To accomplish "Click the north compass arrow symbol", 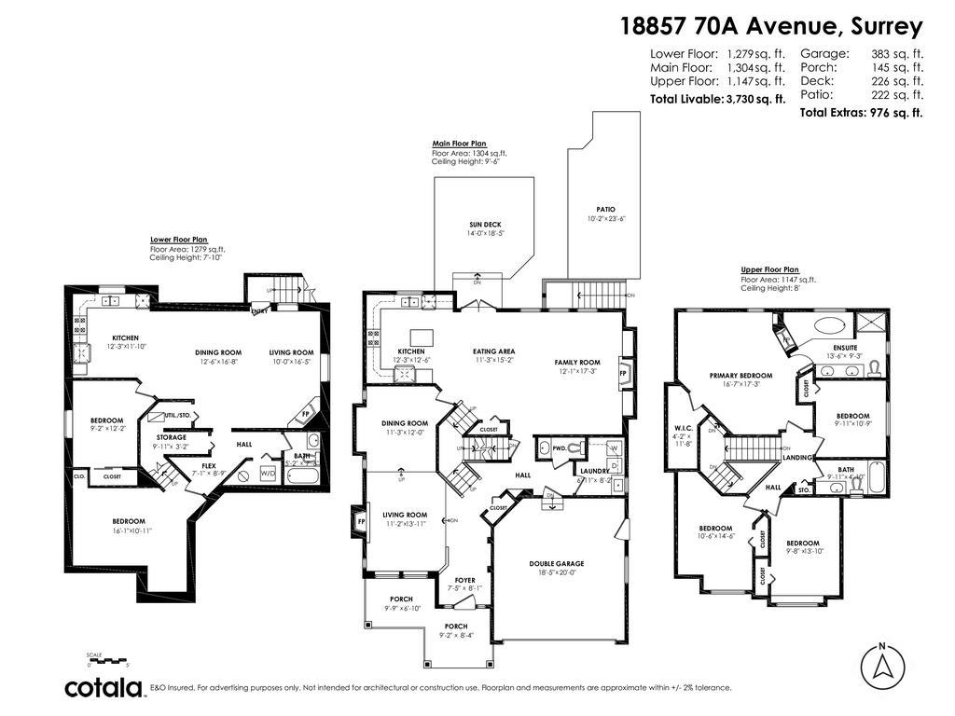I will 881,666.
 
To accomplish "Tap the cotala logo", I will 104,688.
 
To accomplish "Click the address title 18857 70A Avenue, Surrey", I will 771,25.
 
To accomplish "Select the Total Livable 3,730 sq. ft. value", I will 755,99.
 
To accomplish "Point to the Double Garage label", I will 557,563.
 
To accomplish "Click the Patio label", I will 606,210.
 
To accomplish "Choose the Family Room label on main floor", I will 577,362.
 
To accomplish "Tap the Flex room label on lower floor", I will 209,465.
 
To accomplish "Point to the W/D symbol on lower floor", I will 268,474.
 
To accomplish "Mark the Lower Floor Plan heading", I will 179,240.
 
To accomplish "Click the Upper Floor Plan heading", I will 770,269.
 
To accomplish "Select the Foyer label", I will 464,581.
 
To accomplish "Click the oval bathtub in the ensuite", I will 830,326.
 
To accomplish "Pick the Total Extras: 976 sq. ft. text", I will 861,113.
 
